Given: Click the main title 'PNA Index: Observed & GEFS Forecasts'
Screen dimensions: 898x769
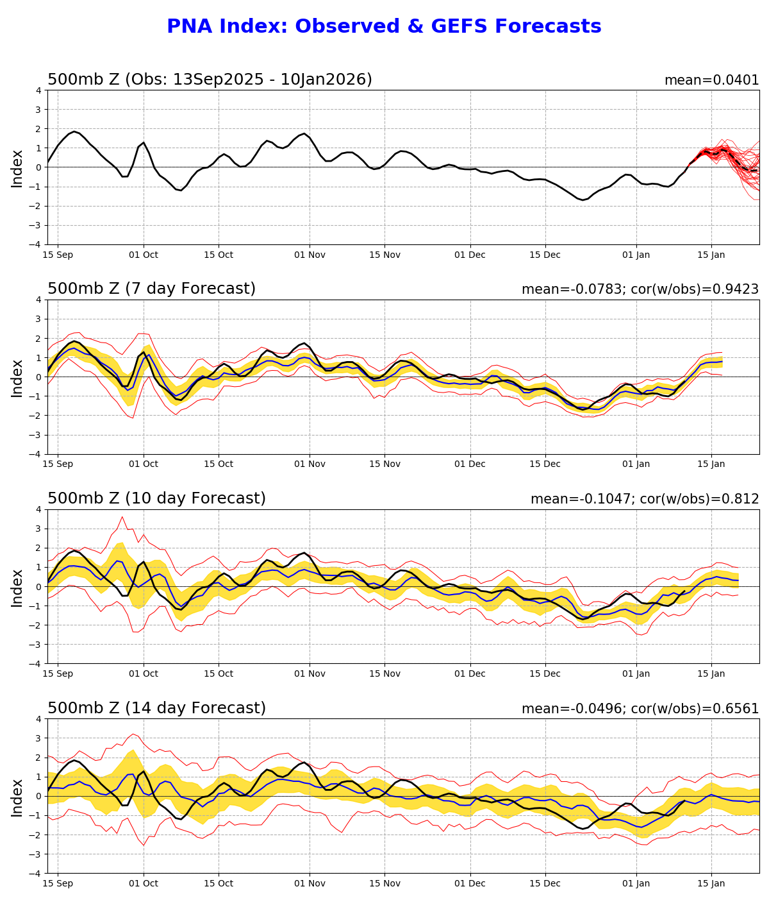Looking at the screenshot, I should (x=384, y=27).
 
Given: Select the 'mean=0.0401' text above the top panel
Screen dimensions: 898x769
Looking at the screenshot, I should (x=711, y=80).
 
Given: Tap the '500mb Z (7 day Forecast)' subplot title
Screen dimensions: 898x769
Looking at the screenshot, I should (x=151, y=289).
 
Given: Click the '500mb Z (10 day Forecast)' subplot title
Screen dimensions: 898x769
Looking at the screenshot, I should (x=156, y=498).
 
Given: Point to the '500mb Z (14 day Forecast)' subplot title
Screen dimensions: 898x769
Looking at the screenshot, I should (x=156, y=708).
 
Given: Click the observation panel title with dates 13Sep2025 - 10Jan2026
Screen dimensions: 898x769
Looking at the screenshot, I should (x=210, y=80).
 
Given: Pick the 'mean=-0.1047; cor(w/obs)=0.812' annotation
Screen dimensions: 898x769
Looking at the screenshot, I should (x=645, y=499).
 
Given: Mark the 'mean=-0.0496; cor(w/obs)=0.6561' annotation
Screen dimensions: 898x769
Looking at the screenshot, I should (x=640, y=709).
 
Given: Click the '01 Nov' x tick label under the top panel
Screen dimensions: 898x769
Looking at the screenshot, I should (x=310, y=255).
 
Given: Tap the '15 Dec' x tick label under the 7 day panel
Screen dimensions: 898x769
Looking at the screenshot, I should (x=545, y=464).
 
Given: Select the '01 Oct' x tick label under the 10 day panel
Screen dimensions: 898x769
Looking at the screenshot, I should (x=143, y=674).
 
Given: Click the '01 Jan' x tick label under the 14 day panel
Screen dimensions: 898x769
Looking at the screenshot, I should (x=636, y=883).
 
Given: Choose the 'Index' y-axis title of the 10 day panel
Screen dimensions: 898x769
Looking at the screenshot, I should (x=17, y=587).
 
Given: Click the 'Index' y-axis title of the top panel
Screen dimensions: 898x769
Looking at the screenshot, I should (x=17, y=168).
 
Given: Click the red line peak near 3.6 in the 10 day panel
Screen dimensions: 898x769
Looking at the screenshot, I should (x=122, y=517).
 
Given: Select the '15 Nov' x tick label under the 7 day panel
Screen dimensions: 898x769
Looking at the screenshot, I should (x=384, y=464).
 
